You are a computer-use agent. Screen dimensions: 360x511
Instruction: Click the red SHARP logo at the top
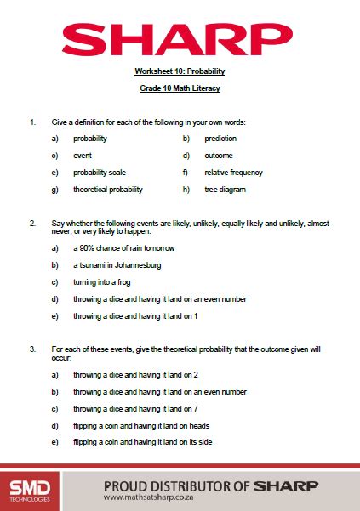tap(179, 37)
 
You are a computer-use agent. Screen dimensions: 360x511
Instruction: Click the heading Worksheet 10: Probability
tap(180, 71)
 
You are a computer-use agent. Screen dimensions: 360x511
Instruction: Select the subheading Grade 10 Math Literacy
tap(180, 88)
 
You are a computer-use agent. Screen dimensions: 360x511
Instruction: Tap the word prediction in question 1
tap(220, 139)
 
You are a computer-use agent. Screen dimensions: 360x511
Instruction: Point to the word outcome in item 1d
tap(219, 156)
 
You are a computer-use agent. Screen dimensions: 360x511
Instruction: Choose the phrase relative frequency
tap(233, 173)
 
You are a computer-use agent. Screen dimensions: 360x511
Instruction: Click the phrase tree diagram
tap(225, 190)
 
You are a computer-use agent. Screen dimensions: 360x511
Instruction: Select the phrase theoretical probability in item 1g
tap(108, 190)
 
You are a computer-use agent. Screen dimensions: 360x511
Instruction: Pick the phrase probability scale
tap(100, 173)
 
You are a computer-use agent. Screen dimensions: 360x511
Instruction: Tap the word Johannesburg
tap(134, 265)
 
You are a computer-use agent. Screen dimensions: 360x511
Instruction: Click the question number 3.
tap(32, 349)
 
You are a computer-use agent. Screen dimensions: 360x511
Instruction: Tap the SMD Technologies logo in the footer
tap(29, 490)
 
